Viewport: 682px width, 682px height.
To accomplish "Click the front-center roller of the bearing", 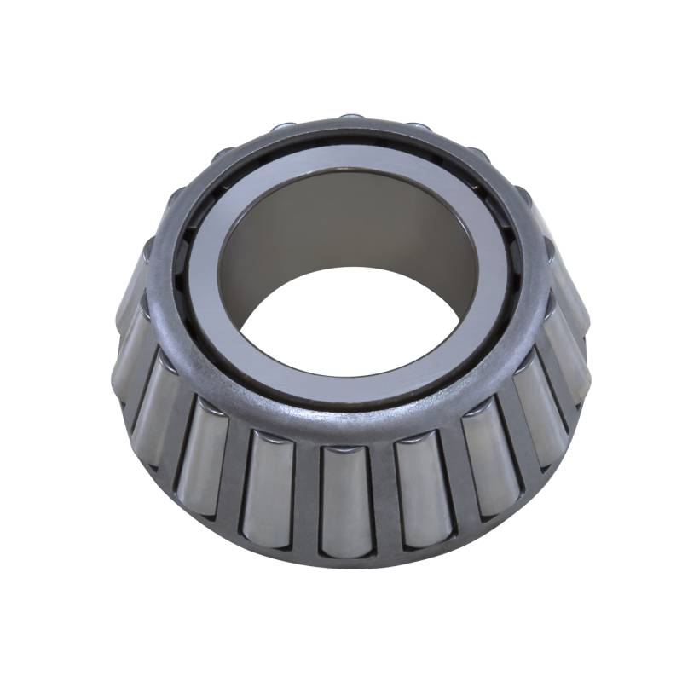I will point(344,499).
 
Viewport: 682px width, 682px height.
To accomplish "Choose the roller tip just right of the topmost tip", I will point(418,127).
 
